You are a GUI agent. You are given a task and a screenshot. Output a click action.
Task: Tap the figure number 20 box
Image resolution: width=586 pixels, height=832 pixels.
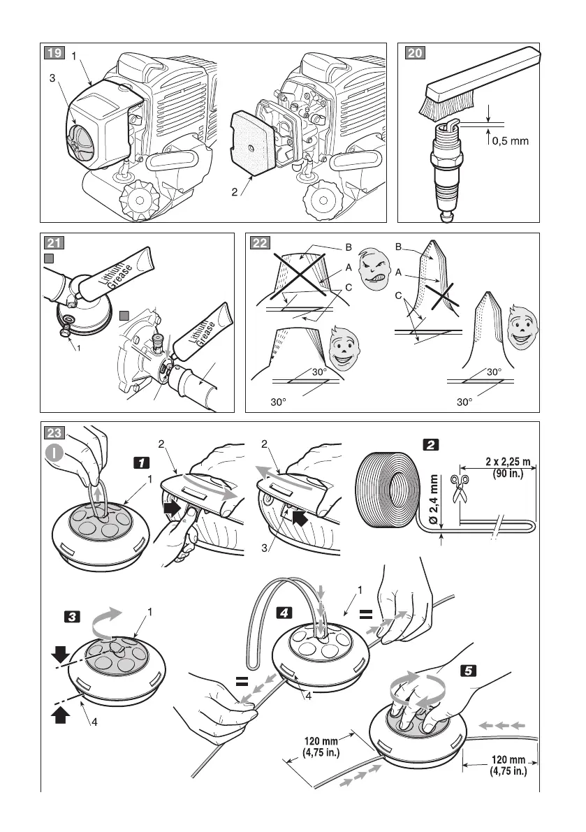(413, 52)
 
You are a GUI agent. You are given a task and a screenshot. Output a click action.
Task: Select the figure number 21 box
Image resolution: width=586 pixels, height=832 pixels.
(52, 242)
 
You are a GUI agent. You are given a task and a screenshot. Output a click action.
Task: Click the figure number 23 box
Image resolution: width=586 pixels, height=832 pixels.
(52, 431)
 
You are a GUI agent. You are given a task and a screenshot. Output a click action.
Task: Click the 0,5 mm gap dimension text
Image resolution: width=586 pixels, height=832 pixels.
(511, 140)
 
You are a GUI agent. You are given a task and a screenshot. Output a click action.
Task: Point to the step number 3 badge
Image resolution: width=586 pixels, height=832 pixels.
(71, 616)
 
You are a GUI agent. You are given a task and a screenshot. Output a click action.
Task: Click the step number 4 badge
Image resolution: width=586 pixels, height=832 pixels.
(285, 612)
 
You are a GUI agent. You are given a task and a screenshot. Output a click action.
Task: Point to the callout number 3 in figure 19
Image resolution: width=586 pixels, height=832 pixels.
(52, 80)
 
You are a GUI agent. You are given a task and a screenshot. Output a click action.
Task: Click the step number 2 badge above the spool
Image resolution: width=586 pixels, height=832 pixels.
(430, 444)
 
